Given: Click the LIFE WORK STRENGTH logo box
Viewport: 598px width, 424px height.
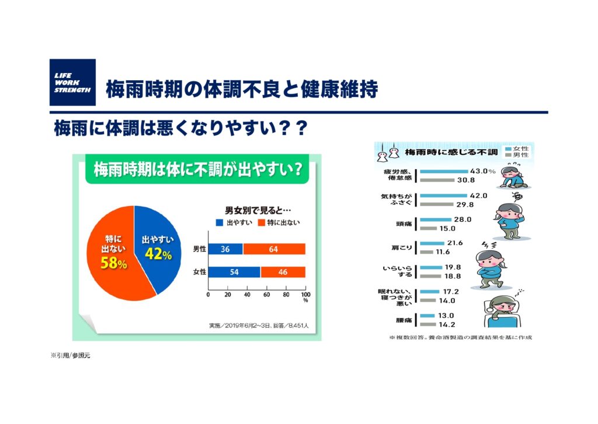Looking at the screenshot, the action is (x=72, y=82).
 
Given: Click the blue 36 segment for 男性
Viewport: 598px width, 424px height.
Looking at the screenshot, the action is (x=225, y=249).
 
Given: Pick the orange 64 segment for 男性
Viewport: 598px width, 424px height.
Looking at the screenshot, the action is (x=274, y=249).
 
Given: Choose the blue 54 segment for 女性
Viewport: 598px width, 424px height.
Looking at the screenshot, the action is (x=234, y=272).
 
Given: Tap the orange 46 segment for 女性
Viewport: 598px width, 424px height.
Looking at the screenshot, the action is (x=283, y=272).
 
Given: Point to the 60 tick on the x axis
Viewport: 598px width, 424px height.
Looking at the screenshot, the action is (x=266, y=295).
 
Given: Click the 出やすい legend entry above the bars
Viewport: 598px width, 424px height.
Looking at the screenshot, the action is (x=234, y=222).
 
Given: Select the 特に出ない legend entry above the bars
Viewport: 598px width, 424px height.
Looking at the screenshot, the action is (x=279, y=222).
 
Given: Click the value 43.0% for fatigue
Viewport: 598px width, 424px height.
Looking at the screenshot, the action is (x=482, y=171).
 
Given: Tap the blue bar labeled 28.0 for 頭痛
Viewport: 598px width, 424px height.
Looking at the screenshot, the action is (x=436, y=220).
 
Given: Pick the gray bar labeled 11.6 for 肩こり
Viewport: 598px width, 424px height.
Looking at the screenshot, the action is (x=426, y=252).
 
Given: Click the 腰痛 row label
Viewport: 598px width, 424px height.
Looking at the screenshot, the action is (x=404, y=320).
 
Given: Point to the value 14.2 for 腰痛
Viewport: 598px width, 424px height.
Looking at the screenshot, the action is (x=447, y=325).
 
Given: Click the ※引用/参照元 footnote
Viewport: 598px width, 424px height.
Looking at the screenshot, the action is (x=71, y=356).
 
